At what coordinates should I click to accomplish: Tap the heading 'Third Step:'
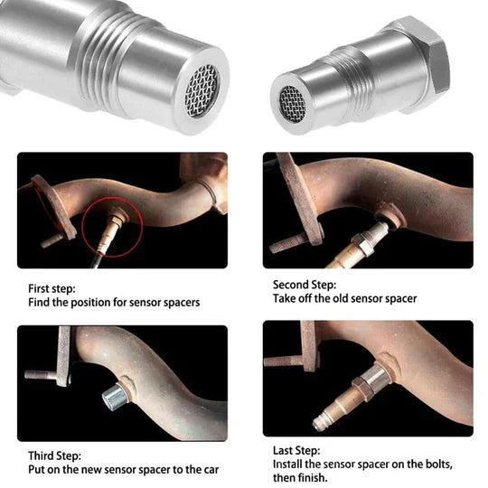point(55,455)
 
